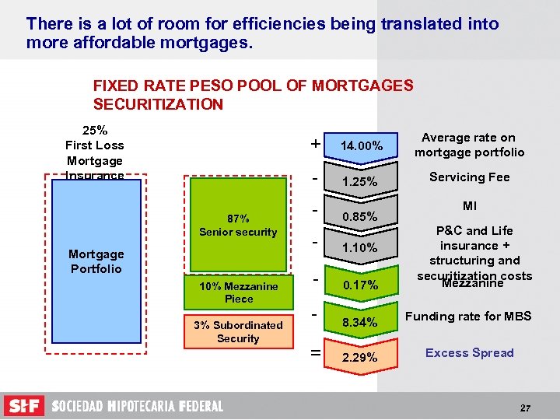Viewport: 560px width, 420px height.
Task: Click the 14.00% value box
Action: pos(361,145)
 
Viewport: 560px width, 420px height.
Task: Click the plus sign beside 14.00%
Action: pos(314,144)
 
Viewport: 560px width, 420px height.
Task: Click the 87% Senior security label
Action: pos(238,226)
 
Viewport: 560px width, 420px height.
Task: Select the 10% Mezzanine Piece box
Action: pos(238,292)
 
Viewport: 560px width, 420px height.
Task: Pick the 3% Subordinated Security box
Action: pos(238,331)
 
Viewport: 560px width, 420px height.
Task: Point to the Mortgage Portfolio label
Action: pos(95,261)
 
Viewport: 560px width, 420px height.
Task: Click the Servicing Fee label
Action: pos(469,177)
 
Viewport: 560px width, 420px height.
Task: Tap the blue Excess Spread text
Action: pos(469,352)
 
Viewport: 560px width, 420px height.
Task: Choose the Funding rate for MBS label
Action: pos(468,316)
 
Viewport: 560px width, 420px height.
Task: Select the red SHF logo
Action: pos(24,406)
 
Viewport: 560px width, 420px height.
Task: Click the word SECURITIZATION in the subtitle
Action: pos(158,104)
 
